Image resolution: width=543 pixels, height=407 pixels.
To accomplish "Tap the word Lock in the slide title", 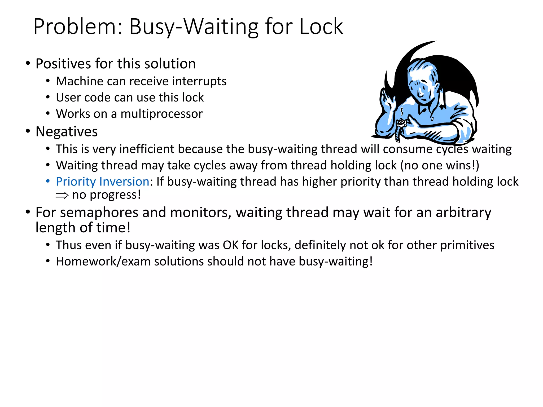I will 321,27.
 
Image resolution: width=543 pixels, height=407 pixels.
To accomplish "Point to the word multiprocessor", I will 161,114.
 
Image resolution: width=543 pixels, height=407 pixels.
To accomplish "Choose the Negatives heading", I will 67,132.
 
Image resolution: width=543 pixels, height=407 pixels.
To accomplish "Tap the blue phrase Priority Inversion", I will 102,182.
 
